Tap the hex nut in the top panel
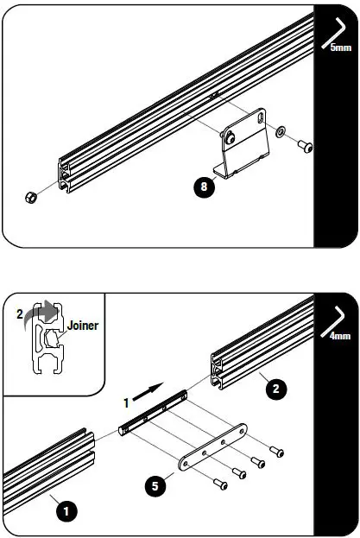click(x=30, y=198)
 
